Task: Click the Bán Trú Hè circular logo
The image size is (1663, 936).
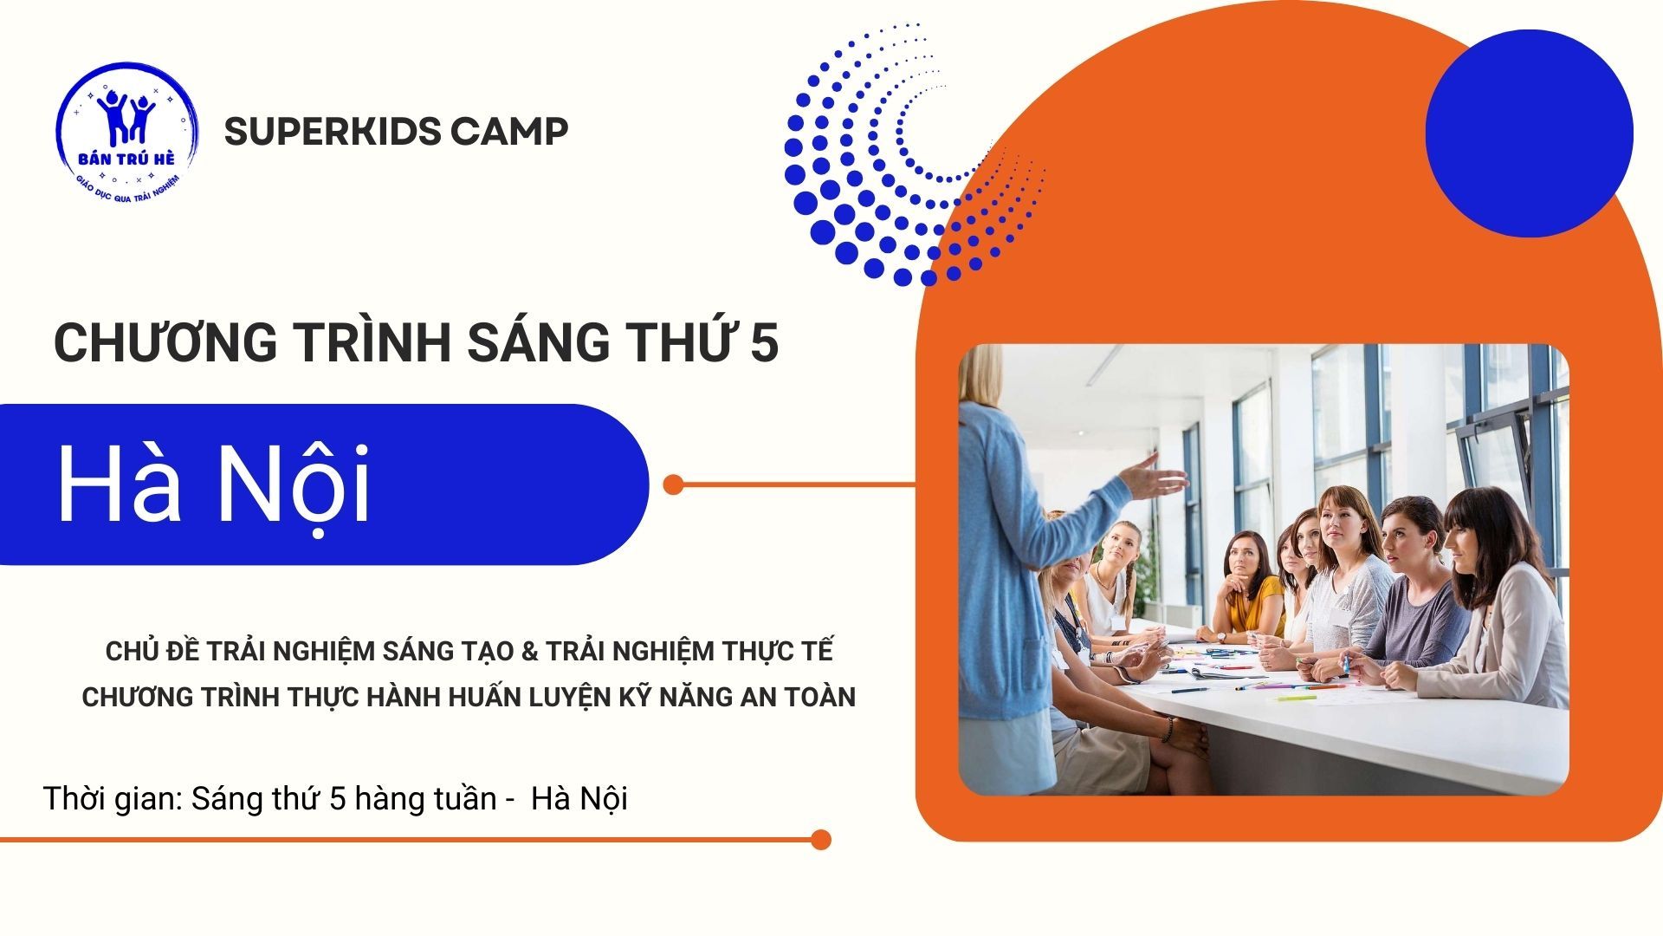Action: point(127,132)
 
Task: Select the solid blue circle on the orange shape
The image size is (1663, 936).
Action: point(1529,133)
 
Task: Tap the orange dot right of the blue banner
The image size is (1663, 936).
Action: point(673,484)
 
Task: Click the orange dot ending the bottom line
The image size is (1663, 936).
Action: point(821,839)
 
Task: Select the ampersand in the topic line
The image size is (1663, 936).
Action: point(529,651)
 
